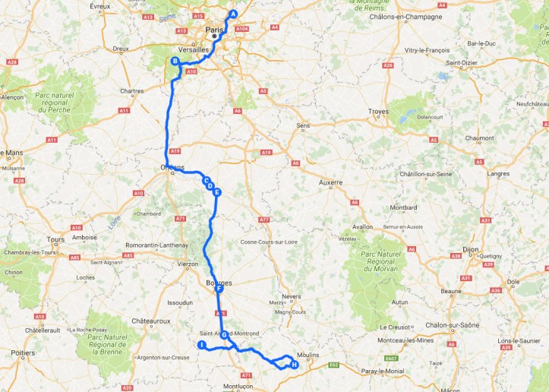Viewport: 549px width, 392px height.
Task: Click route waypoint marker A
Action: coord(233,14)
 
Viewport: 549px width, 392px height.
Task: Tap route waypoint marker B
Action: coord(175,62)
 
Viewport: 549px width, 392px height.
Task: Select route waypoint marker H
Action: coord(295,365)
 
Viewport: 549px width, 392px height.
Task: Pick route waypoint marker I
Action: coord(202,345)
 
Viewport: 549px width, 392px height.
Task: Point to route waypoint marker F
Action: coord(219,289)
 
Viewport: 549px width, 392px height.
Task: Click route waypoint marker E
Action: coord(217,192)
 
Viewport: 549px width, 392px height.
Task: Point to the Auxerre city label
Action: coord(330,182)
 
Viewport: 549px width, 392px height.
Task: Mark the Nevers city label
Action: coord(292,296)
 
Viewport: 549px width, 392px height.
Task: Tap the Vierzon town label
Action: coord(187,264)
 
